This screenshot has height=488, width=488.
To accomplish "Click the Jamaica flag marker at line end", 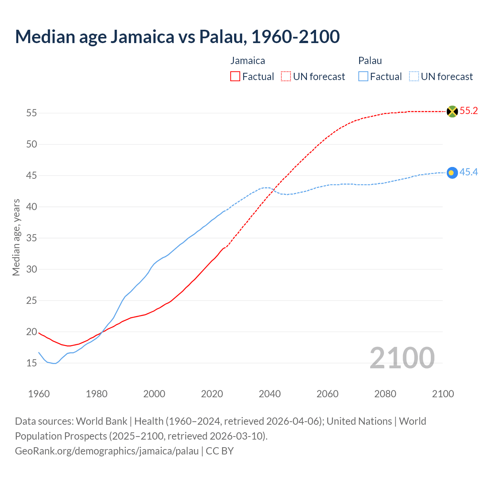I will (x=452, y=111).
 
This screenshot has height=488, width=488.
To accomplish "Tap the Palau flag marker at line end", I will (x=452, y=173).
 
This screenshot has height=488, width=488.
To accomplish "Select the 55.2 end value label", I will (x=469, y=111).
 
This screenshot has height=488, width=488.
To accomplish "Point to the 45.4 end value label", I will (x=469, y=172).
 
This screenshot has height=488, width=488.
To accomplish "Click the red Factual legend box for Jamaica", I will (x=235, y=77).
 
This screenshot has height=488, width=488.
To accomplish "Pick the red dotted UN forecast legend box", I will (x=286, y=77).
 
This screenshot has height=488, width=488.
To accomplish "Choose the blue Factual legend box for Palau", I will (x=363, y=77).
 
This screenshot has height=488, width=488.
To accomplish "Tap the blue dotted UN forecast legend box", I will (x=414, y=77).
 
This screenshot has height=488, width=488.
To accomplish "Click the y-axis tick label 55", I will (x=32, y=113).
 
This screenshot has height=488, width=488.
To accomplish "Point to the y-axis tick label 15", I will (x=32, y=363).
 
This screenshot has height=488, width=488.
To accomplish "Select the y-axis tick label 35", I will (x=32, y=238).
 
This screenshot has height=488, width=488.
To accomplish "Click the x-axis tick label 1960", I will (x=39, y=394).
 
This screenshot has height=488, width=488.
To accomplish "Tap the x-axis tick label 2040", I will (x=270, y=394).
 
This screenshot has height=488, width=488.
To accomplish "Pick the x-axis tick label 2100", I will (x=443, y=394).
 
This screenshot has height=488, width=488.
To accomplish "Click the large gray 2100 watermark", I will (x=402, y=358).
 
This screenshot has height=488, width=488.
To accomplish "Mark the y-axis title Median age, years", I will (x=16, y=237).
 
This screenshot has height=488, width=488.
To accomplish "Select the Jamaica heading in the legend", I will (x=248, y=61).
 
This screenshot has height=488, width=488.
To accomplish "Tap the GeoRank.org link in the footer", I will (x=107, y=451).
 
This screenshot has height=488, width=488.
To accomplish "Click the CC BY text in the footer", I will (x=220, y=451).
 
